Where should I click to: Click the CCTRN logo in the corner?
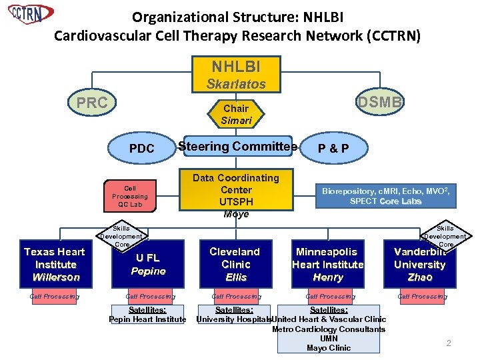[30, 13]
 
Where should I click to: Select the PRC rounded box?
[93, 103]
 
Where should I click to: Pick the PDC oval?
[141, 149]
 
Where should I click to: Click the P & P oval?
[333, 149]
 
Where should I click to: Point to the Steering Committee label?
[236, 147]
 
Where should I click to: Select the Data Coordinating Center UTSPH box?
[236, 195]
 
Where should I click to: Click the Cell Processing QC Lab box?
[130, 196]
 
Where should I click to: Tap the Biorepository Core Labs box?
[385, 196]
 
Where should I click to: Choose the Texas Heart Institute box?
[54, 264]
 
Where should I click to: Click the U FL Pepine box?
[148, 264]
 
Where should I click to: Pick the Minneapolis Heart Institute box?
[327, 264]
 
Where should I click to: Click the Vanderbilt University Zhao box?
[419, 264]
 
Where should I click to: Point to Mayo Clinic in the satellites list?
[328, 348]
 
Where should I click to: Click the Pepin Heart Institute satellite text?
[147, 319]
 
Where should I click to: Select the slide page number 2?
[449, 343]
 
